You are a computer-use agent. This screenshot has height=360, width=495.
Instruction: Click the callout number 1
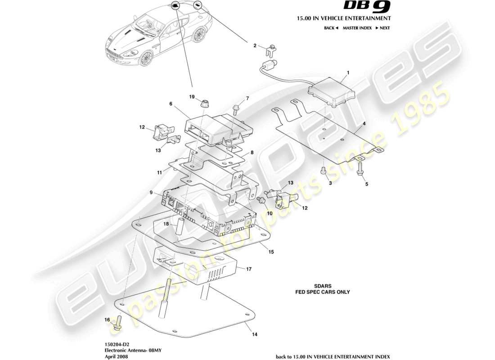pos(348,72)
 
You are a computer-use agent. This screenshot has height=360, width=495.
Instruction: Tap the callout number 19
pos(192,97)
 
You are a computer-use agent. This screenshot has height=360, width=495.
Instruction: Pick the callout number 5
pos(366,184)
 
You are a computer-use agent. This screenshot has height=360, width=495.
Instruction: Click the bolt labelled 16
pos(118,324)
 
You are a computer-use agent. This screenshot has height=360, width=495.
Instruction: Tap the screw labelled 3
pos(323,171)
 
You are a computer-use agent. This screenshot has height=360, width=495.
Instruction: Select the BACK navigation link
pos(331,28)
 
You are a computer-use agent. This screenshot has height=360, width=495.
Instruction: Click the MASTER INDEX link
pos(357,28)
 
